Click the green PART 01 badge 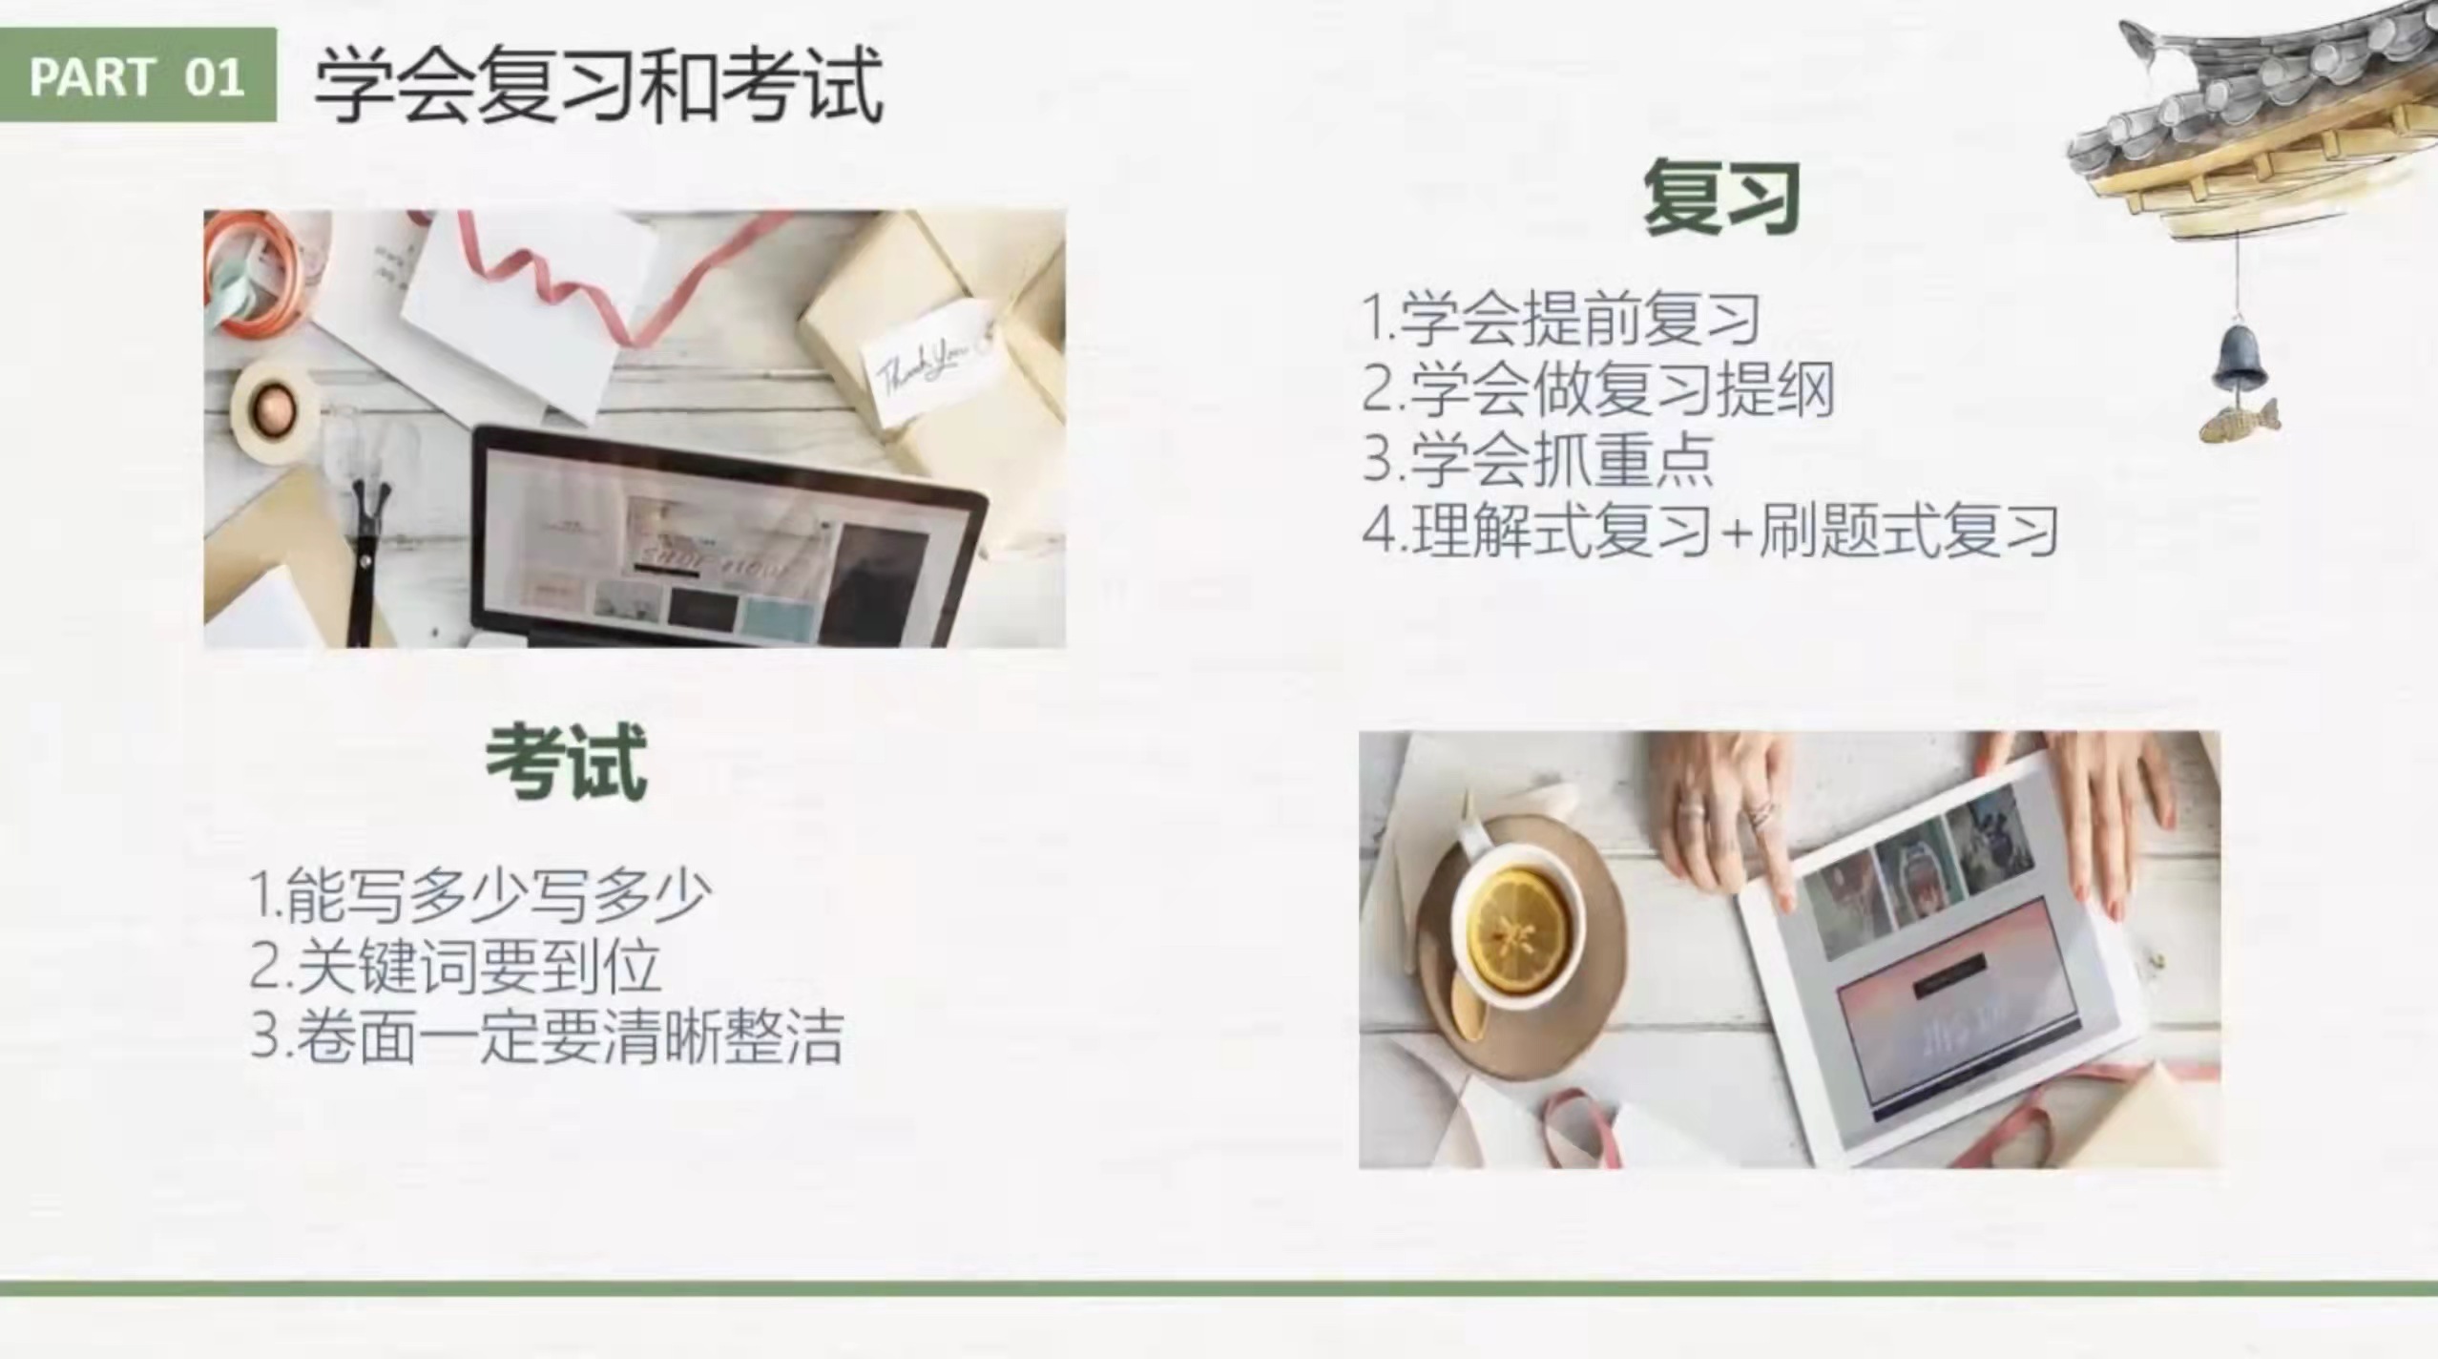(x=138, y=74)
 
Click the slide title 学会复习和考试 (x=598, y=86)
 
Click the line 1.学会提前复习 (x=1561, y=318)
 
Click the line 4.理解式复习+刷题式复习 (x=1709, y=530)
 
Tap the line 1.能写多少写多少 (x=480, y=895)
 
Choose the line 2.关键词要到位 (x=455, y=966)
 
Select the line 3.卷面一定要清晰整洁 (x=547, y=1036)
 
